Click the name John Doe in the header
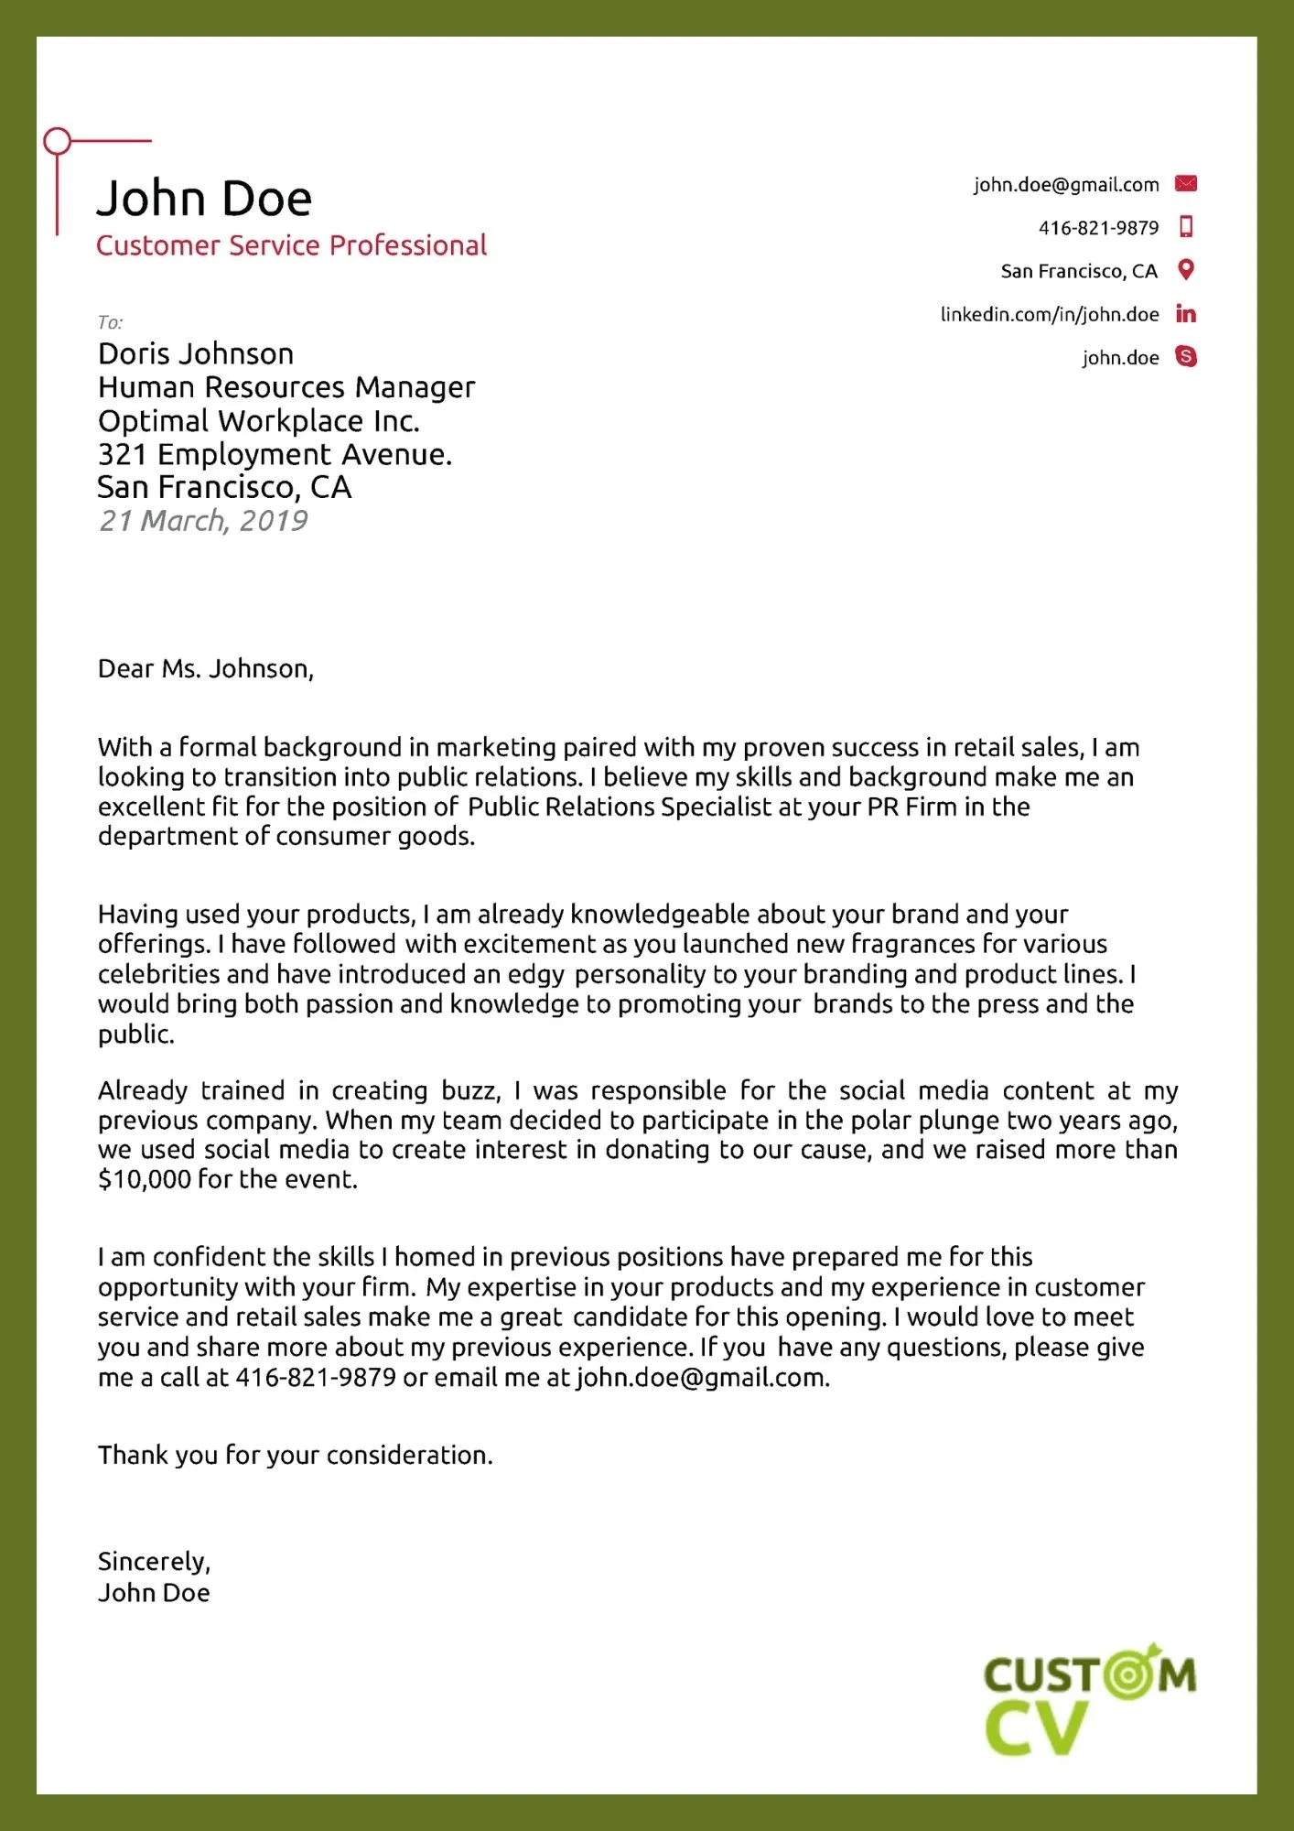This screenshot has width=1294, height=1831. [x=204, y=198]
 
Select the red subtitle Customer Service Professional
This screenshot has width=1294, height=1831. [x=291, y=245]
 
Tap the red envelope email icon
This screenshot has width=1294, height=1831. [x=1186, y=183]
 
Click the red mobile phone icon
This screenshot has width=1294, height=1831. [x=1186, y=226]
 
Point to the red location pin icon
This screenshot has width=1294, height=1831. [x=1186, y=270]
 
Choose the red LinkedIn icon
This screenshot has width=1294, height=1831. [x=1186, y=314]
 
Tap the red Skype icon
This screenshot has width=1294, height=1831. [x=1186, y=356]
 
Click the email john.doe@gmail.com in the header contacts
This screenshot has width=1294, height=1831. [x=1065, y=185]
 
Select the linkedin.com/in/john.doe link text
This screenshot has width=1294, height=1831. [x=1049, y=315]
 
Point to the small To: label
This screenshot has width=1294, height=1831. [x=110, y=322]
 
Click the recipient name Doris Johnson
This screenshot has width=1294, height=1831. [x=196, y=354]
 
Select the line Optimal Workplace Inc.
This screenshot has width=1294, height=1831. [x=259, y=421]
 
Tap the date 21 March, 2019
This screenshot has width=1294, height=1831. [x=203, y=521]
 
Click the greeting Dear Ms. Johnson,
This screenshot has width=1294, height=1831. [x=206, y=669]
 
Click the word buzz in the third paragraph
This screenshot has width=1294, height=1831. [x=470, y=1091]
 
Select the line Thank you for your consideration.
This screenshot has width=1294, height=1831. [x=296, y=1455]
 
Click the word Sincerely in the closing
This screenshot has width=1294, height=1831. [x=153, y=1562]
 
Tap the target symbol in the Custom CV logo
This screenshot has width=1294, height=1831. [x=1130, y=1674]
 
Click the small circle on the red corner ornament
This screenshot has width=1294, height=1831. [x=58, y=141]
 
